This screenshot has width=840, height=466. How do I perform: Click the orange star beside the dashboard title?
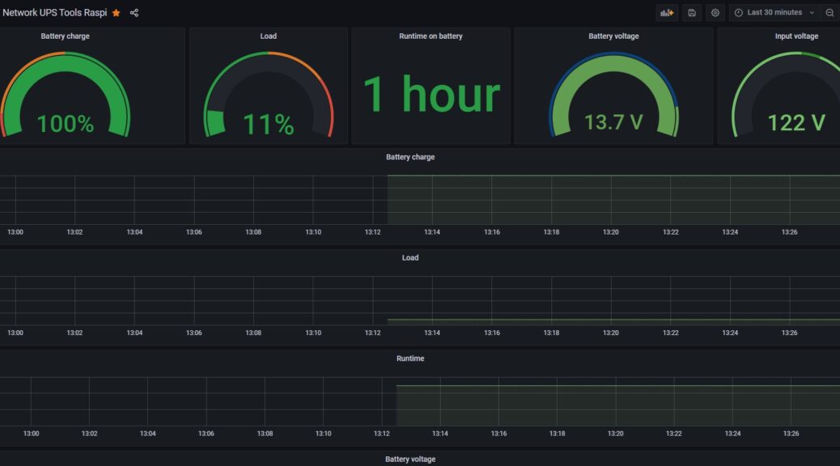click(x=117, y=13)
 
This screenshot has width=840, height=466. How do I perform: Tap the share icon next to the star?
click(x=134, y=13)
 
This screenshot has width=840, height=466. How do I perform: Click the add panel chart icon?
click(x=667, y=13)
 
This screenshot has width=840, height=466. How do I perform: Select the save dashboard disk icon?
click(x=692, y=13)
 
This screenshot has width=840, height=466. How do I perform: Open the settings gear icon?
click(x=715, y=13)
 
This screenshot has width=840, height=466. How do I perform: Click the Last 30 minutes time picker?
click(x=774, y=13)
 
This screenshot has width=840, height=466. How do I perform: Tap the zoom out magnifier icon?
click(x=829, y=13)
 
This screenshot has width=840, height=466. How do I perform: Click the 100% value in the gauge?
click(x=66, y=124)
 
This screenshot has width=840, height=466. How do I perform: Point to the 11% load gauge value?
click(x=269, y=125)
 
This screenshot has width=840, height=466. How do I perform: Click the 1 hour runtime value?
click(x=431, y=95)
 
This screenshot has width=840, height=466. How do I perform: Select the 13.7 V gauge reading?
click(x=613, y=122)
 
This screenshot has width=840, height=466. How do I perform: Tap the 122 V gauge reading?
click(x=796, y=123)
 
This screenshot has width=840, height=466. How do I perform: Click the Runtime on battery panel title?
click(x=431, y=36)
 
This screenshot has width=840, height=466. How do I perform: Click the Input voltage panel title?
click(x=796, y=36)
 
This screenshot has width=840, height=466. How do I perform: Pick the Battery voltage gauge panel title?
click(x=613, y=36)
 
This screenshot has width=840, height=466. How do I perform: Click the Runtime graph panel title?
click(x=410, y=358)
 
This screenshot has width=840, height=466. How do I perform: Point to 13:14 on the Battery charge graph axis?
click(x=432, y=232)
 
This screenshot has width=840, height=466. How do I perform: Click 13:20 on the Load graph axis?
click(x=611, y=333)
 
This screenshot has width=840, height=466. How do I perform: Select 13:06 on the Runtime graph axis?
click(x=206, y=434)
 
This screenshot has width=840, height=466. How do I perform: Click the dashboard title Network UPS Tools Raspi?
click(x=55, y=13)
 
